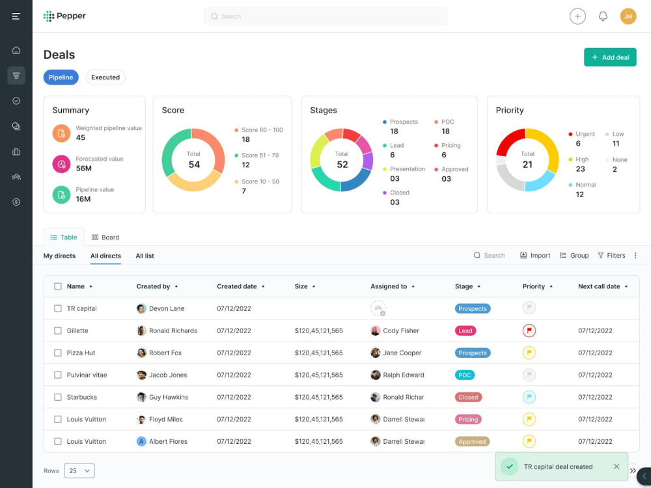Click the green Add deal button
coord(610,57)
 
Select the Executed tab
coord(105,77)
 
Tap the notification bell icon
coord(603,16)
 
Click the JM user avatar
coord(628,16)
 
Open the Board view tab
coord(105,237)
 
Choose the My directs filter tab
coord(59,256)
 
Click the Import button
coord(535,256)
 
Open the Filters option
coord(611,256)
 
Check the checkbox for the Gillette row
coord(58,331)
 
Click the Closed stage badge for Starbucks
coord(468,397)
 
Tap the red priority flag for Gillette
coord(529,331)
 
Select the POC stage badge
coord(465,375)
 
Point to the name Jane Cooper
coord(402,353)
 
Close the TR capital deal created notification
coord(616,467)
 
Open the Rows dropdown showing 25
coord(79,470)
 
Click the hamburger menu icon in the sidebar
coord(16,16)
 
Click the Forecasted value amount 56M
coord(83,168)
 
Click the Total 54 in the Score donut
coord(194,160)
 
